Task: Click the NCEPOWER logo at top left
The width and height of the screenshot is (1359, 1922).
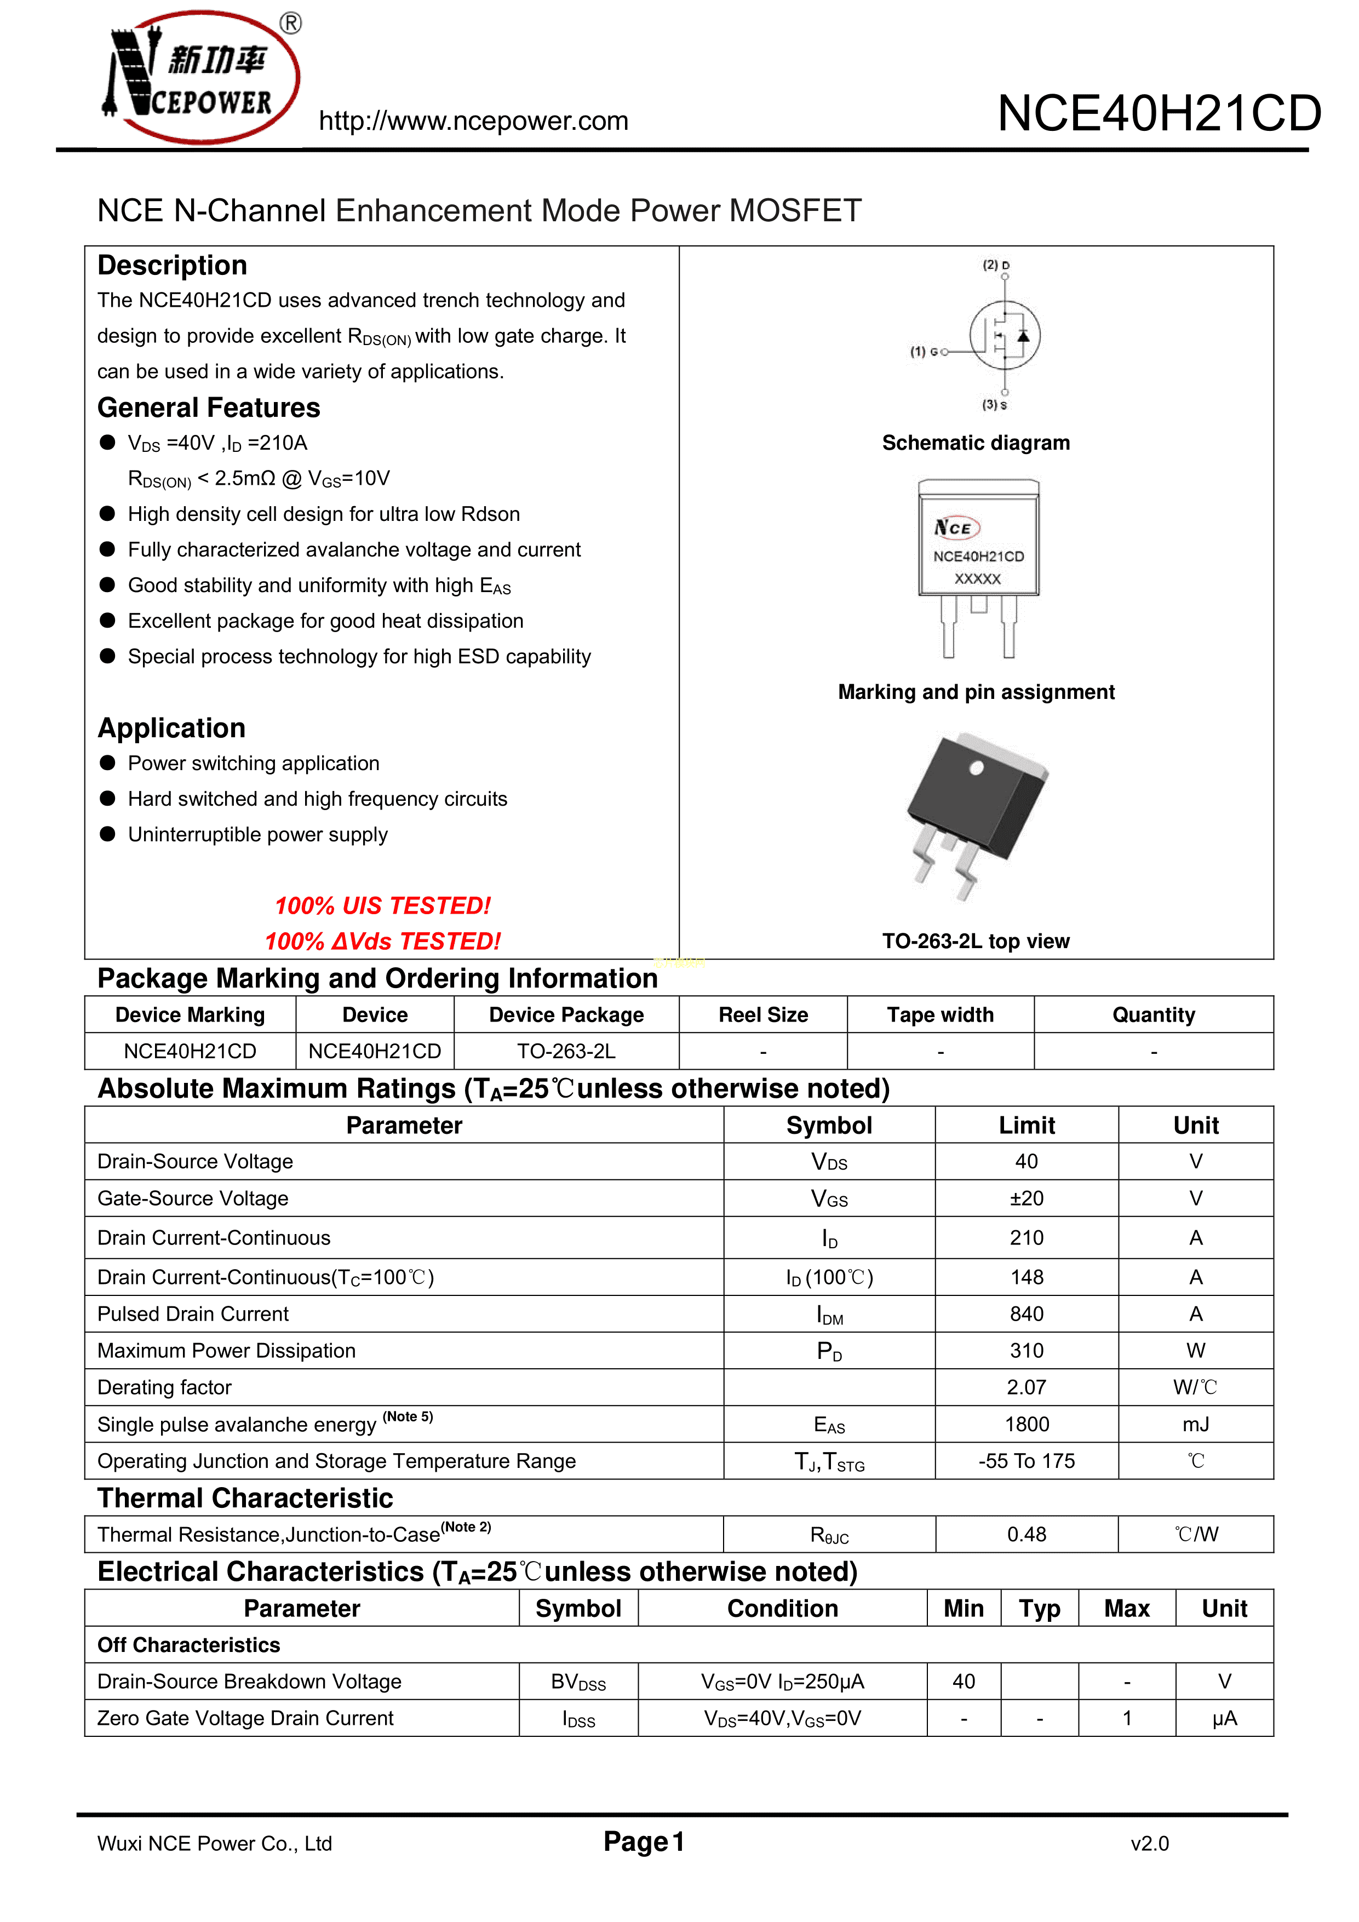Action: [201, 77]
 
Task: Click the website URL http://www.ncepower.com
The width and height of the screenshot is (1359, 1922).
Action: [473, 122]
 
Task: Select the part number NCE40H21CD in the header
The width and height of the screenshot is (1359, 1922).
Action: [1159, 114]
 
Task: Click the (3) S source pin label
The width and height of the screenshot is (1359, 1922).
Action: [995, 405]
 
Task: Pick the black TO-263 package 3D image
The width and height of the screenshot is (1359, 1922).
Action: [978, 812]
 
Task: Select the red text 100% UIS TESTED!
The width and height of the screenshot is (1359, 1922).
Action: [383, 906]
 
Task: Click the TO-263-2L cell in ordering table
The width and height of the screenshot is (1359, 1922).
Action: [566, 1052]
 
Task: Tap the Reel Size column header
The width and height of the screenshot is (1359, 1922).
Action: [763, 1015]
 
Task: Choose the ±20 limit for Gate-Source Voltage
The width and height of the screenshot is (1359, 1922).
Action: [1027, 1199]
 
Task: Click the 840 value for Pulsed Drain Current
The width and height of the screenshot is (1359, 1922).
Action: [1027, 1314]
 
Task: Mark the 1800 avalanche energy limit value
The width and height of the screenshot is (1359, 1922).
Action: [1027, 1425]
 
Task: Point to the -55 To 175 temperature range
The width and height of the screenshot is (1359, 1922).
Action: [1027, 1461]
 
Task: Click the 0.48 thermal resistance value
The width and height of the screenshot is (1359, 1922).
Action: [1027, 1534]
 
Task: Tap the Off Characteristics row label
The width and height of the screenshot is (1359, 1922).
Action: [188, 1646]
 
